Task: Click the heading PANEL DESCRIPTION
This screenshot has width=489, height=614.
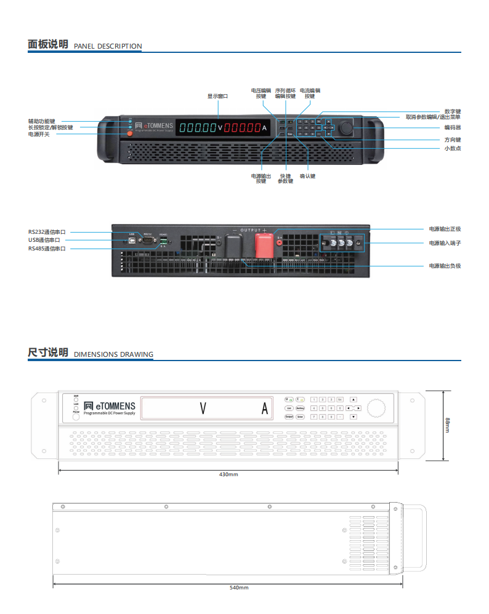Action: pyautogui.click(x=108, y=46)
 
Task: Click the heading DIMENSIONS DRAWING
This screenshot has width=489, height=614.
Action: pyautogui.click(x=113, y=354)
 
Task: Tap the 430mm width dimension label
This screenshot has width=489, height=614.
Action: pyautogui.click(x=228, y=474)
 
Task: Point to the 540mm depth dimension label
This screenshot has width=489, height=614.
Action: pyautogui.click(x=239, y=588)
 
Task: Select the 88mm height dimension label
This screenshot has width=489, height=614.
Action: pyautogui.click(x=448, y=425)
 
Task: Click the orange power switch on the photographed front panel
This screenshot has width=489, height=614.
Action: pyautogui.click(x=130, y=134)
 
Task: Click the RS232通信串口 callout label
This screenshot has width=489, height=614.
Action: pyautogui.click(x=47, y=232)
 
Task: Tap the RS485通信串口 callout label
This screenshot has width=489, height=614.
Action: pyautogui.click(x=47, y=249)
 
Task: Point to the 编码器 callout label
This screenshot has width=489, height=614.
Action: pyautogui.click(x=452, y=127)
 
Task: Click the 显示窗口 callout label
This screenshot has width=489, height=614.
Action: pyautogui.click(x=217, y=96)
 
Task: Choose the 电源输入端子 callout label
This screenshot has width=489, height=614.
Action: pyautogui.click(x=445, y=243)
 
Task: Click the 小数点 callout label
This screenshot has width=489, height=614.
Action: pyautogui.click(x=453, y=148)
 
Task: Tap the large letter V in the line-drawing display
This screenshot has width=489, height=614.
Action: pyautogui.click(x=203, y=409)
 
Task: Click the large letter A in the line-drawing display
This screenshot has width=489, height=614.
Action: pyautogui.click(x=265, y=409)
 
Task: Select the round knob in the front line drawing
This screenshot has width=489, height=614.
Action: pyautogui.click(x=375, y=409)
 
